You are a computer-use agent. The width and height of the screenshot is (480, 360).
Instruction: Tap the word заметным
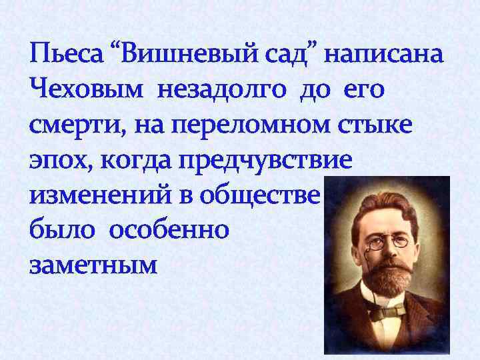coord(93,266)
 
